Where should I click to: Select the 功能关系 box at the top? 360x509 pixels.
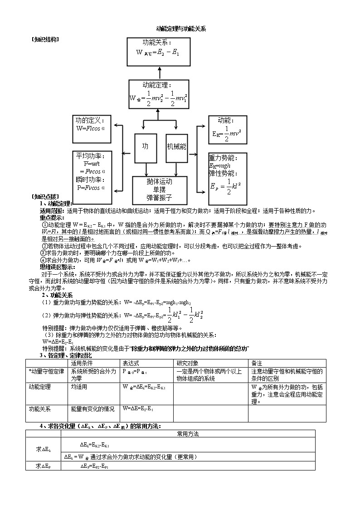click(x=158, y=49)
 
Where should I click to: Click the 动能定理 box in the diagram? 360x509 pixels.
click(x=158, y=94)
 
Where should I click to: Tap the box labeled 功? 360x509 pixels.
click(x=146, y=147)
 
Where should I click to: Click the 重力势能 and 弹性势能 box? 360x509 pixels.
click(x=228, y=179)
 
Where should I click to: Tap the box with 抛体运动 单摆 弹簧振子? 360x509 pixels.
click(x=159, y=190)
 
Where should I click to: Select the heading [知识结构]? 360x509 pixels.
click(x=45, y=39)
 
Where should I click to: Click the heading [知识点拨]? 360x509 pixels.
click(x=45, y=197)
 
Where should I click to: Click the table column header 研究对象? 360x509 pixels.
click(x=189, y=364)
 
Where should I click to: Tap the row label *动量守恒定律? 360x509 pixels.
click(x=46, y=371)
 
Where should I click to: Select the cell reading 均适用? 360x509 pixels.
click(x=79, y=387)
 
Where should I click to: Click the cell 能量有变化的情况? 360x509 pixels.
click(x=93, y=409)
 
